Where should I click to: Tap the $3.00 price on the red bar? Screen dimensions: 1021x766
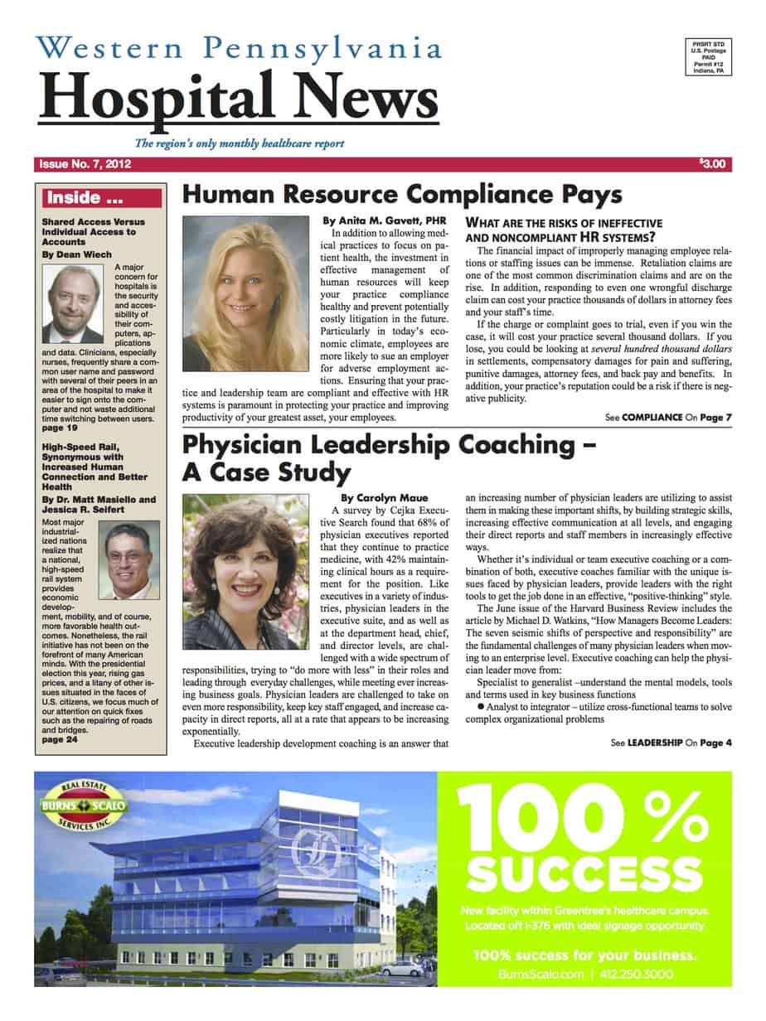711,164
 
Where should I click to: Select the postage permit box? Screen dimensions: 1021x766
707,57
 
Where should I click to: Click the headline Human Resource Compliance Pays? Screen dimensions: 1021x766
401,196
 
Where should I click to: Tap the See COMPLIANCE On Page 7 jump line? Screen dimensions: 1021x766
670,416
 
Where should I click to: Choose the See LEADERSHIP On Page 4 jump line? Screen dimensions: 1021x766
671,743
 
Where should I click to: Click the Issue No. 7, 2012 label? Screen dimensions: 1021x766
85,164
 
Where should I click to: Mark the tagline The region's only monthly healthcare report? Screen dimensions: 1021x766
240,143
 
